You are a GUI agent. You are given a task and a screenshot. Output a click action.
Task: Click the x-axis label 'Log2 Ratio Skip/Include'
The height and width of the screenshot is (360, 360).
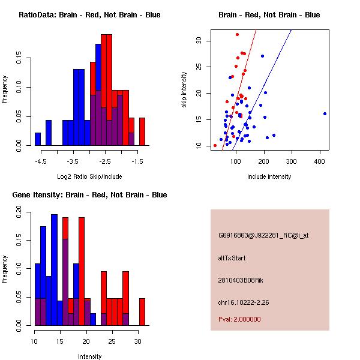(x=89, y=176)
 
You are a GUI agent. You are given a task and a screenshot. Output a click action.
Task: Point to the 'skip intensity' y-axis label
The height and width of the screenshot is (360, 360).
(x=185, y=90)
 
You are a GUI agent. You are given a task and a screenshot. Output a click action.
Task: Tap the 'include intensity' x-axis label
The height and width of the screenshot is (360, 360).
(x=269, y=176)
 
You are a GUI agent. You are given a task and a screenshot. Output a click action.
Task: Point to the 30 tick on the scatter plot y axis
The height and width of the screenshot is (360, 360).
(x=198, y=41)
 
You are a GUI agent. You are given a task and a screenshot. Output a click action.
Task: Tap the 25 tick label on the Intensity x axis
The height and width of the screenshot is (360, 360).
(x=112, y=342)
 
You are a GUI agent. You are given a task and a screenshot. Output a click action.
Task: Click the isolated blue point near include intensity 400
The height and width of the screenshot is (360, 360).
(x=325, y=113)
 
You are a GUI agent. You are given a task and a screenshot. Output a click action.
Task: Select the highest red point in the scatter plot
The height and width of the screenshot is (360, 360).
(x=237, y=34)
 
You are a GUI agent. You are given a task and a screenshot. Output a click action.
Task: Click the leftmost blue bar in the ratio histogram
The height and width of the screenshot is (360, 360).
(x=38, y=139)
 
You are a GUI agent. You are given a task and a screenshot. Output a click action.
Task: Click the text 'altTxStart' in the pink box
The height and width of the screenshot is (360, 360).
(x=232, y=258)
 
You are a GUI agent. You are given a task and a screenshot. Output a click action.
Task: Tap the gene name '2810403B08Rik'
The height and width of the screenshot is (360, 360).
(x=239, y=280)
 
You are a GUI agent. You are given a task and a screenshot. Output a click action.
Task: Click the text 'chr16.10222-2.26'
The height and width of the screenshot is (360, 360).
(x=243, y=302)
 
